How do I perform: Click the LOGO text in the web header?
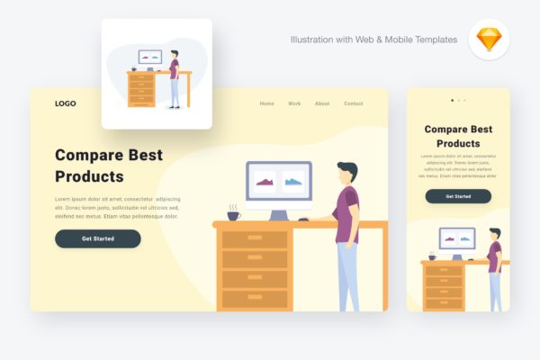65,103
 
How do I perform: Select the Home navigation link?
267,103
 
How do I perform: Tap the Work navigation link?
294,103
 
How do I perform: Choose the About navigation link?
322,103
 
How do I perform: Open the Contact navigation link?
354,103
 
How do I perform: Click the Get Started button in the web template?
98,238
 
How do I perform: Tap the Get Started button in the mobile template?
458,196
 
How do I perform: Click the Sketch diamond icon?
489,40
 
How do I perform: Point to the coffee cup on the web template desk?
233,215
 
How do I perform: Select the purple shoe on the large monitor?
265,183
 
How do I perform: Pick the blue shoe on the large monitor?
293,183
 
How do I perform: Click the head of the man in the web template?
346,172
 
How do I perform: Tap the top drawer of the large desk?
255,238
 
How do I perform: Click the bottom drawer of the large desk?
255,298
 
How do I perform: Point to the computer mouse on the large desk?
304,219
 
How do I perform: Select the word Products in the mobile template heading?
458,143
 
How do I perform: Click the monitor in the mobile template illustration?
457,238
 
